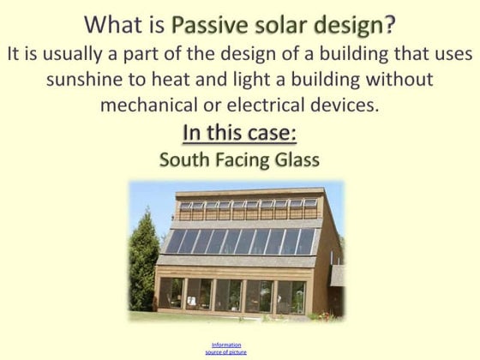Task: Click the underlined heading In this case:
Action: point(240,134)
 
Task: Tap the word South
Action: point(184,159)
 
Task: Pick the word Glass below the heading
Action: point(297,159)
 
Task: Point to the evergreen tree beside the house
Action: point(143,261)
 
